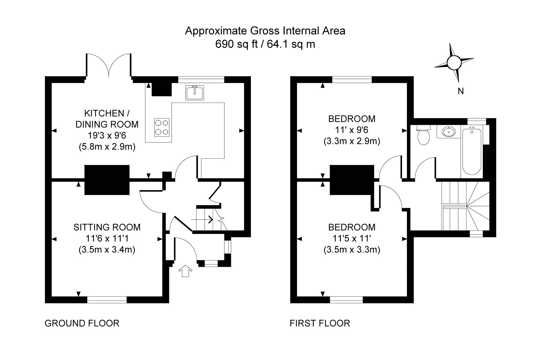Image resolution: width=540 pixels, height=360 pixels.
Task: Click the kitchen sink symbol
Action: pyautogui.click(x=195, y=92)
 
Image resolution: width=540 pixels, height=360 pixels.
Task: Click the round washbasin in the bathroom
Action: pyautogui.click(x=448, y=131)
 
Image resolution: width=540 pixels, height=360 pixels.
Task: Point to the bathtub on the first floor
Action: pyautogui.click(x=472, y=151)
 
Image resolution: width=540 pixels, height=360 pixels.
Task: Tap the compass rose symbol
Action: pyautogui.click(x=453, y=63)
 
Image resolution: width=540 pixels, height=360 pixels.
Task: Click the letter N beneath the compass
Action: pyautogui.click(x=461, y=91)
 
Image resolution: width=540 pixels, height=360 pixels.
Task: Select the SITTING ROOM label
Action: pyautogui.click(x=107, y=227)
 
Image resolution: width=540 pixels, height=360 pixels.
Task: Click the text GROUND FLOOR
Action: pyautogui.click(x=82, y=323)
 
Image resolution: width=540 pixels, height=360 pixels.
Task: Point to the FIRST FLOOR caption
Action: pyautogui.click(x=320, y=323)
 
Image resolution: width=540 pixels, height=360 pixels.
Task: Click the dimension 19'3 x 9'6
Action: pyautogui.click(x=107, y=136)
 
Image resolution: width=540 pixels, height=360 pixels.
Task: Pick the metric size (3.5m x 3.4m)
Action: pyautogui.click(x=107, y=250)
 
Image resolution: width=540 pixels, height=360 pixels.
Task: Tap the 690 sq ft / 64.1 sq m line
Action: pyautogui.click(x=265, y=44)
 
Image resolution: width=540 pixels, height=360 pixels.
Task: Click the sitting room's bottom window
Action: pyautogui.click(x=107, y=299)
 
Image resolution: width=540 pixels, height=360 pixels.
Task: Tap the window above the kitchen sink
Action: pyautogui.click(x=201, y=79)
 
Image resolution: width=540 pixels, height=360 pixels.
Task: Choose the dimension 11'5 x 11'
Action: pyautogui.click(x=352, y=238)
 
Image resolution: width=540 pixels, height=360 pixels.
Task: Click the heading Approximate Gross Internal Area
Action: pyautogui.click(x=265, y=31)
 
